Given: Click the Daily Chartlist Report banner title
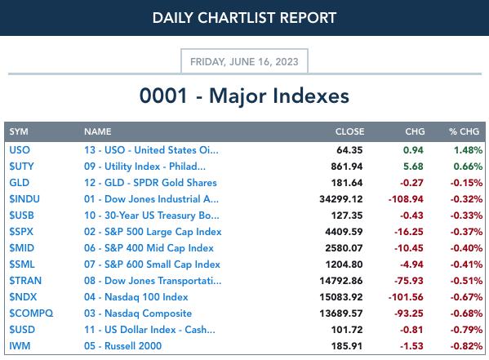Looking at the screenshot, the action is [244, 18].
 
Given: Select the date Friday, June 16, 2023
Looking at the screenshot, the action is [244, 62].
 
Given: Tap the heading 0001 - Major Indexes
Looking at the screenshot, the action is [244, 96].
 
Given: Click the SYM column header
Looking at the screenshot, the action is [19, 131].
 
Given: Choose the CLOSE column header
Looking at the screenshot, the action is [349, 131].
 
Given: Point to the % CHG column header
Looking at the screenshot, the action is [464, 131].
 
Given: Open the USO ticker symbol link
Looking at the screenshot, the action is [20, 150].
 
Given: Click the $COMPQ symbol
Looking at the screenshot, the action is [31, 313].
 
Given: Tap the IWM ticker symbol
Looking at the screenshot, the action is [20, 346].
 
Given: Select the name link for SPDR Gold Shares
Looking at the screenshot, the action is [150, 183].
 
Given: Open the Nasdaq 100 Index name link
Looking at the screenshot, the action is [136, 297].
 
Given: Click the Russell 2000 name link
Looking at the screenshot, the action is [123, 346].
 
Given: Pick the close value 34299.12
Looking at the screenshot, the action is [341, 199].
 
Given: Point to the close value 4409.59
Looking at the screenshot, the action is [344, 232].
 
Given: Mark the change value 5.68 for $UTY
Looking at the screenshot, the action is [413, 167].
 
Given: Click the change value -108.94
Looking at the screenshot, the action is [406, 199].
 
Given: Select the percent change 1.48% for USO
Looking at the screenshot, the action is [468, 150].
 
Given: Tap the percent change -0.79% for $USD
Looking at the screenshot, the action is [466, 330].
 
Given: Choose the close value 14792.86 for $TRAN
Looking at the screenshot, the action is [341, 281].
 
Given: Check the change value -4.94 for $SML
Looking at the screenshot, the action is [411, 264].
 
